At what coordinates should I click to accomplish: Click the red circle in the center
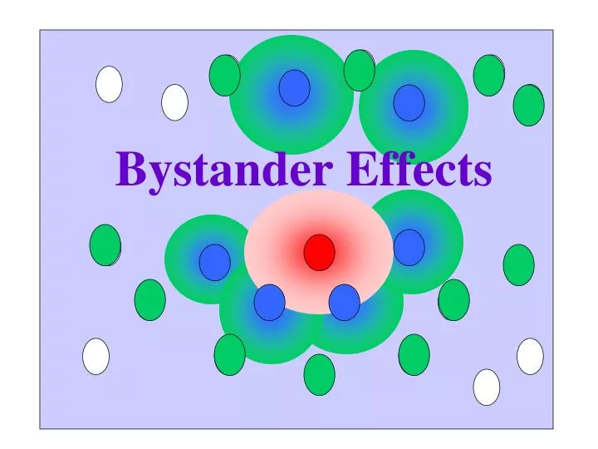pyautogui.click(x=319, y=252)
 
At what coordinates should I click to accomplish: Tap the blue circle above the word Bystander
pyautogui.click(x=294, y=87)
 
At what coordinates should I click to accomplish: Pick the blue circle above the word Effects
pyautogui.click(x=409, y=102)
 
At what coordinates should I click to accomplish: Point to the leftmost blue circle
pyautogui.click(x=214, y=262)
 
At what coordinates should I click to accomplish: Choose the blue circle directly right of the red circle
pyautogui.click(x=409, y=247)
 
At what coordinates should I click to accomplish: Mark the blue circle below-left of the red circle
pyautogui.click(x=269, y=302)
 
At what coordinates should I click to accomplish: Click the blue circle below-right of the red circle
pyautogui.click(x=344, y=302)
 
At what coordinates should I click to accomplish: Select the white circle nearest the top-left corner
pyautogui.click(x=109, y=84)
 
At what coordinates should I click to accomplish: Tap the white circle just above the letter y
pyautogui.click(x=174, y=102)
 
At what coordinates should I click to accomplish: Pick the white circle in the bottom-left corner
pyautogui.click(x=96, y=356)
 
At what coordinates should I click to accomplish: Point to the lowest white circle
pyautogui.click(x=487, y=387)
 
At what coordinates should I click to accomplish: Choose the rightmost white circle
pyautogui.click(x=530, y=356)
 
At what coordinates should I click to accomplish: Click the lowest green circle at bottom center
pyautogui.click(x=319, y=374)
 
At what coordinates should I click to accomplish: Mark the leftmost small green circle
pyautogui.click(x=105, y=244)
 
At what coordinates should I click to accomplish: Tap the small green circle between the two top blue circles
pyautogui.click(x=359, y=70)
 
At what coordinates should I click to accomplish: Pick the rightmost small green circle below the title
pyautogui.click(x=519, y=264)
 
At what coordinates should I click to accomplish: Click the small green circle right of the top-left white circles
pyautogui.click(x=224, y=75)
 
